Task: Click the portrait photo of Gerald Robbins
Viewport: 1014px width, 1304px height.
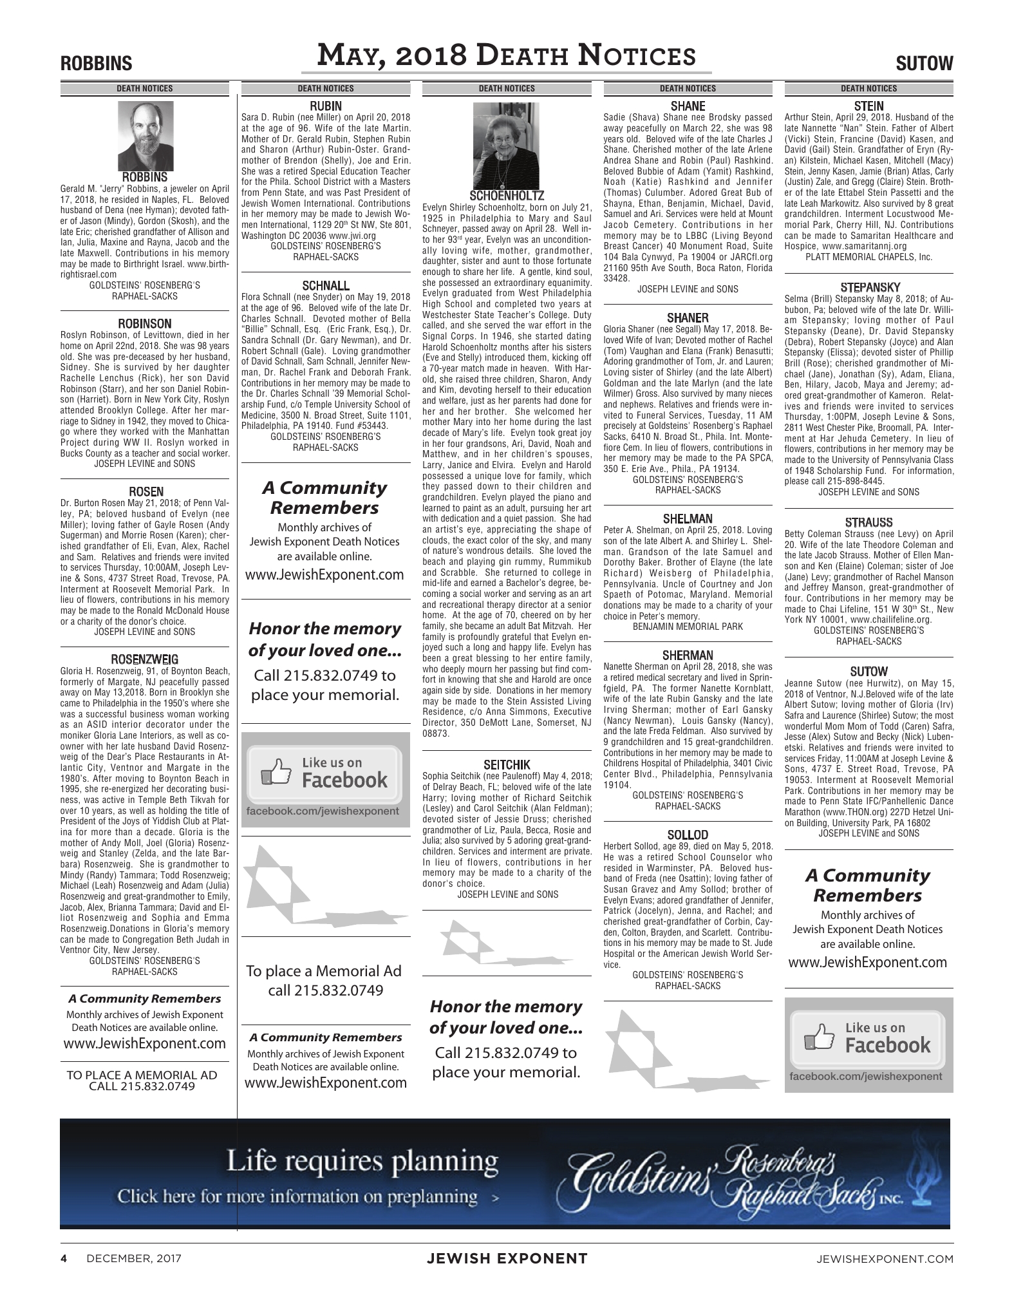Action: (144, 136)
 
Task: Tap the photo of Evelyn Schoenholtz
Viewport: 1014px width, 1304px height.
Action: (506, 146)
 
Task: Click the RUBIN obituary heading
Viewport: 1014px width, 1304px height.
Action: (326, 106)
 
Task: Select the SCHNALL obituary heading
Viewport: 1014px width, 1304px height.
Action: (326, 286)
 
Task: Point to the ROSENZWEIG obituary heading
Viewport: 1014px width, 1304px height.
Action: (145, 659)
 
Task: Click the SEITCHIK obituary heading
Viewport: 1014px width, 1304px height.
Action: (507, 765)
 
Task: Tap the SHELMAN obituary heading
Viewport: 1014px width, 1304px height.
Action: (688, 519)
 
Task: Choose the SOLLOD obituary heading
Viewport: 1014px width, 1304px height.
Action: (688, 835)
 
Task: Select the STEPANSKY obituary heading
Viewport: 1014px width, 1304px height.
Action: (868, 287)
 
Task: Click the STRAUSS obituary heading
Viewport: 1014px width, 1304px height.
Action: (868, 522)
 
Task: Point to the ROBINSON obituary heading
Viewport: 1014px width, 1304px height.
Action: (145, 324)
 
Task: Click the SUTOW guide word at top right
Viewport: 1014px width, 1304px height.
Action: (925, 64)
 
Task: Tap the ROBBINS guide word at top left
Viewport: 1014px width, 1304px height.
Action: (96, 64)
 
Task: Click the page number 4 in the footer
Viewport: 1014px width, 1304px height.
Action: (64, 1258)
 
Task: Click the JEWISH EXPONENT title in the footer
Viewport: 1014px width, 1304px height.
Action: (507, 1258)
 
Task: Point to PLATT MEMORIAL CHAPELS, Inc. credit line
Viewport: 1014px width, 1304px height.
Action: (868, 257)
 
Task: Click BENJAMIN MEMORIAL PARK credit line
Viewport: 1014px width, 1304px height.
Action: (688, 627)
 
